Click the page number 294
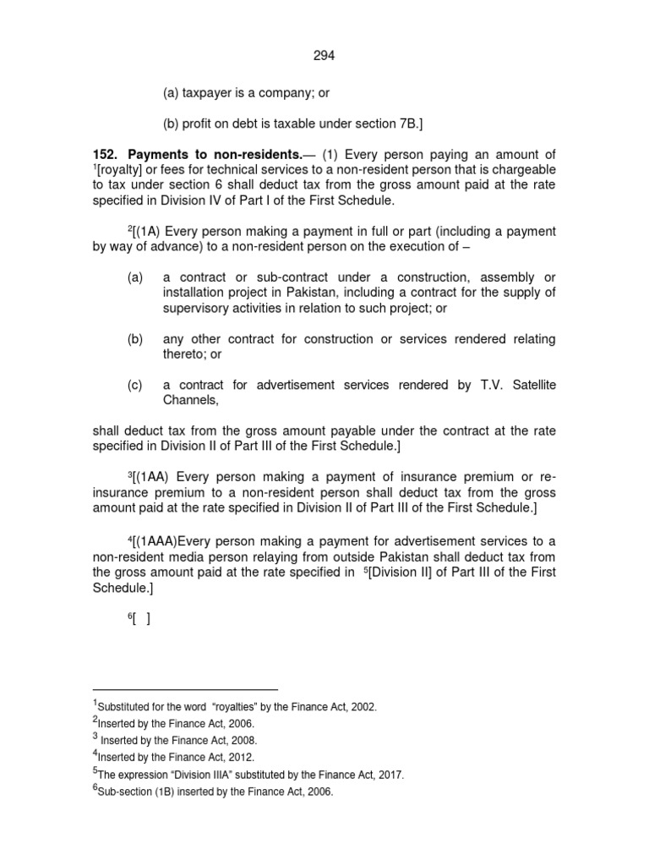click(324, 55)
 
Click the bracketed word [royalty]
click(122, 170)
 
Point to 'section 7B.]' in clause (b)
click(385, 123)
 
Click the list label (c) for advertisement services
click(135, 385)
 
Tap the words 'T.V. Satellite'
click(517, 385)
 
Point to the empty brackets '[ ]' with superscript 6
click(140, 617)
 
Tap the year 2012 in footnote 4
click(239, 757)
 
